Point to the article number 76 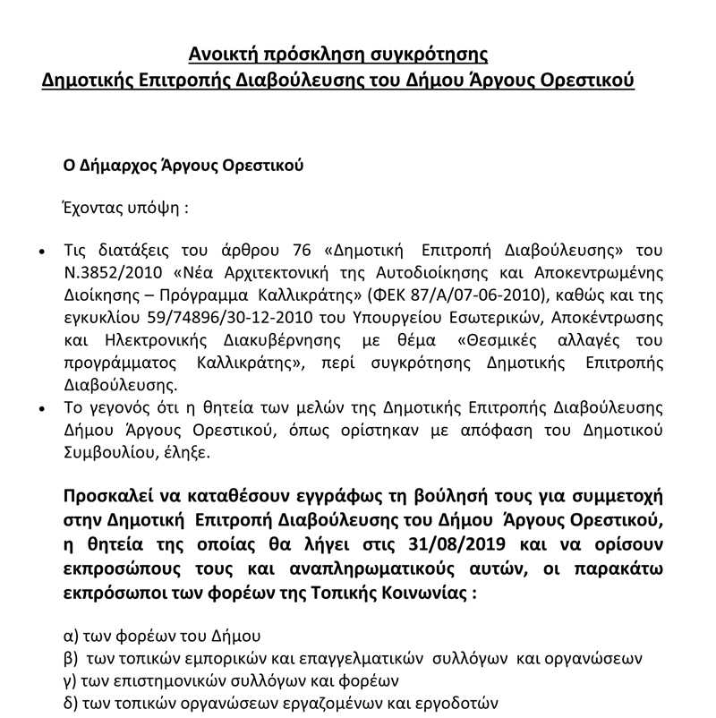pyautogui.click(x=322, y=248)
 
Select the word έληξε pyautogui.click(x=186, y=454)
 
